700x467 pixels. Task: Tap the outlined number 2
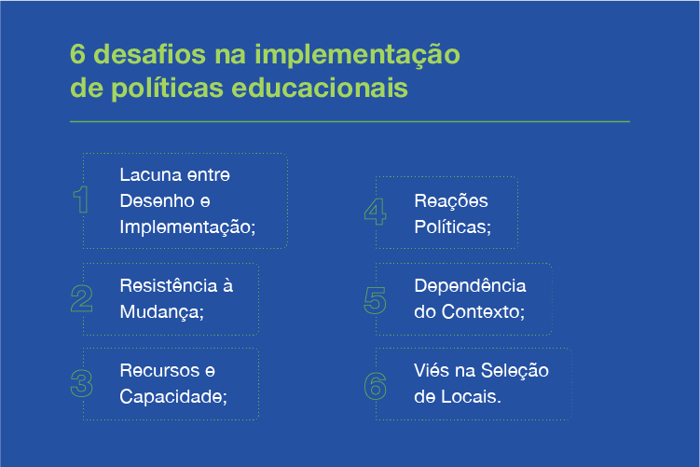pyautogui.click(x=82, y=298)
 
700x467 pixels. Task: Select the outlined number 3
pyautogui.click(x=82, y=383)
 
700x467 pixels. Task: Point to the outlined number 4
pyautogui.click(x=375, y=212)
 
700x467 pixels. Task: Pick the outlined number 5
pyautogui.click(x=375, y=300)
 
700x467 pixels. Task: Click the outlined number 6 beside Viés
pyautogui.click(x=375, y=386)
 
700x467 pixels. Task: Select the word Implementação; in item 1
pyautogui.click(x=187, y=227)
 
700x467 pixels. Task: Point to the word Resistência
pyautogui.click(x=169, y=286)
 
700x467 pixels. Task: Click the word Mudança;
pyautogui.click(x=161, y=312)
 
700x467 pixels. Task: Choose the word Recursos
pyautogui.click(x=159, y=371)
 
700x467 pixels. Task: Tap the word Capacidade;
pyautogui.click(x=173, y=396)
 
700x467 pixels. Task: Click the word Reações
pyautogui.click(x=451, y=201)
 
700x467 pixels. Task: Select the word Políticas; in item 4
pyautogui.click(x=453, y=227)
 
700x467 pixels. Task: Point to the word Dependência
pyautogui.click(x=470, y=286)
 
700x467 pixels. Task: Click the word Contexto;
pyautogui.click(x=483, y=311)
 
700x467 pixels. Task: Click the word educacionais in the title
pyautogui.click(x=320, y=88)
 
